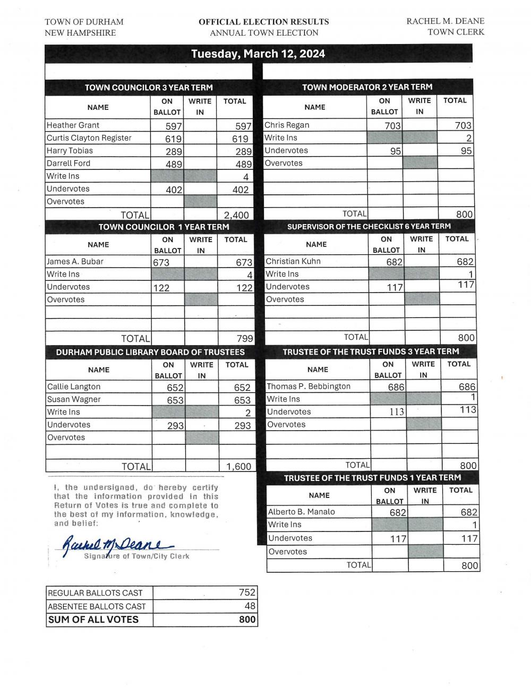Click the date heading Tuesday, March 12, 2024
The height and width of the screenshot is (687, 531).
258,54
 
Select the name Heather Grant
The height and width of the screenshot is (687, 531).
73,125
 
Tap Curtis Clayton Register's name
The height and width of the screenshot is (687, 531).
89,138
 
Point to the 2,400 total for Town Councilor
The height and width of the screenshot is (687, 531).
236,215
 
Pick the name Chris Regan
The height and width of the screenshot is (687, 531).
287,125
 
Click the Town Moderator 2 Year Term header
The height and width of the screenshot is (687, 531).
367,87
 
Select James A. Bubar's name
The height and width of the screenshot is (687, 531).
75,262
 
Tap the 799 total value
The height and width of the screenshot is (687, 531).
244,339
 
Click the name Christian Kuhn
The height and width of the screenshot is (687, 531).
293,261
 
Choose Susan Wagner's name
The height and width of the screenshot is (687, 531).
74,400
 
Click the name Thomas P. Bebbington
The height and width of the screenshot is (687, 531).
309,387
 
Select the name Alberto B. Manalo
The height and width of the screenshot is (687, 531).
302,512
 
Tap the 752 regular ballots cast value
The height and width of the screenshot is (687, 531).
247,592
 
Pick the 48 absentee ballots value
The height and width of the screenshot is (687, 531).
250,606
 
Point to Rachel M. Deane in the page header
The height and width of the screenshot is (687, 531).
445,22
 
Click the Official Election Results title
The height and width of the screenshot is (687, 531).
263,22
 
